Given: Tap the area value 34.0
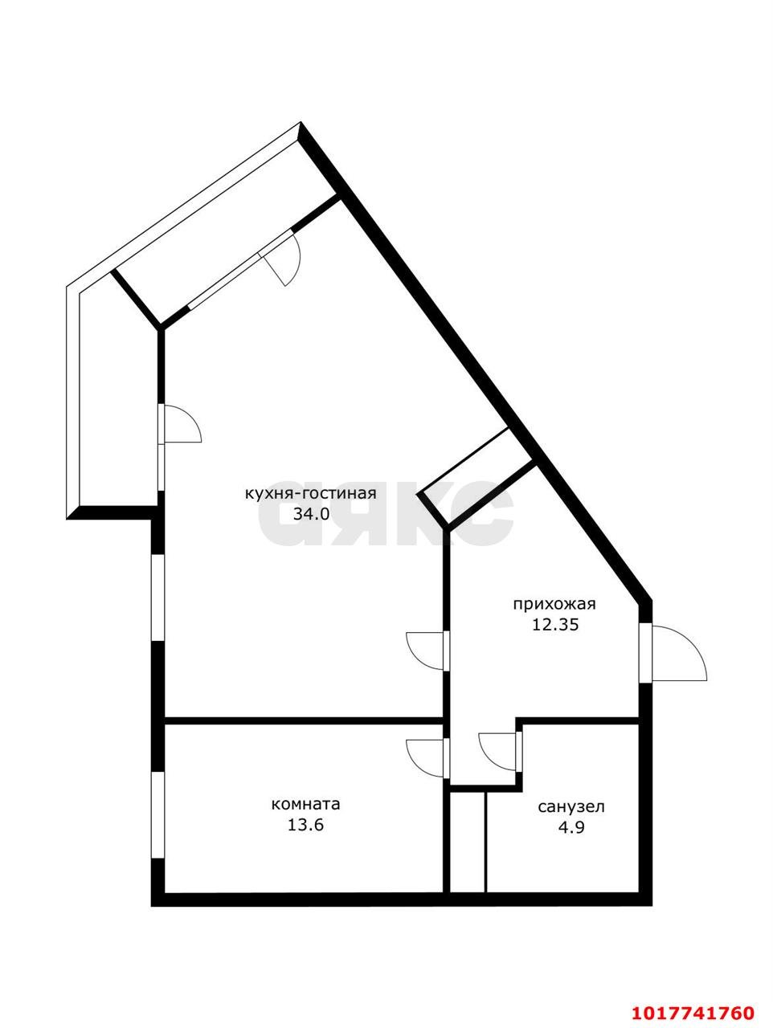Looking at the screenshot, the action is [x=312, y=514].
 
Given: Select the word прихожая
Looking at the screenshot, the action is [x=554, y=605].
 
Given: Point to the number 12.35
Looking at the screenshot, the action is [x=555, y=625].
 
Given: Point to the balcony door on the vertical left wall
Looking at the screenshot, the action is [x=180, y=424].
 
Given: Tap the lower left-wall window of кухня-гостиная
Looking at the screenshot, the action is [x=157, y=598].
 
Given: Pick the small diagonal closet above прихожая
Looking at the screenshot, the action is [x=478, y=475].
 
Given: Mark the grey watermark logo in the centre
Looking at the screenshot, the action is [x=386, y=512].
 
